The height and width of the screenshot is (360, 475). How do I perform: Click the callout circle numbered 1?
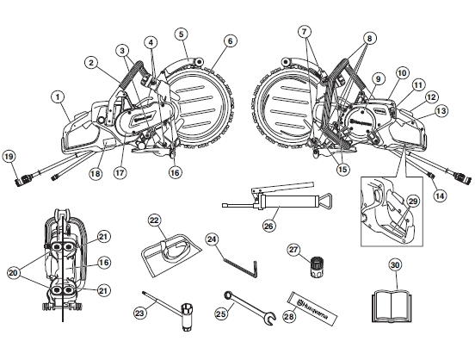click(x=59, y=97)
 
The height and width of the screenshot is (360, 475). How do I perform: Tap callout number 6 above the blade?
click(x=230, y=41)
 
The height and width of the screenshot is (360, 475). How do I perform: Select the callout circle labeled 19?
click(x=9, y=157)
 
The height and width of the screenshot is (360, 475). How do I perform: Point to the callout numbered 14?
click(x=440, y=196)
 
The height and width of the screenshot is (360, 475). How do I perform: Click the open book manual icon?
click(x=392, y=306)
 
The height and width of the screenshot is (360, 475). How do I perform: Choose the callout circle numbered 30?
click(x=395, y=265)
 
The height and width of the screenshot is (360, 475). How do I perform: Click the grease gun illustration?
click(x=277, y=198)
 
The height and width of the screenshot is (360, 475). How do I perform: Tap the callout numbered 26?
click(x=268, y=226)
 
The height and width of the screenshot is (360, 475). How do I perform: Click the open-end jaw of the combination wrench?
click(x=269, y=319)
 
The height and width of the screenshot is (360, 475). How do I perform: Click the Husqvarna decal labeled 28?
click(x=312, y=308)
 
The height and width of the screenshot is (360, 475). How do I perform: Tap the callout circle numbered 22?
click(x=155, y=220)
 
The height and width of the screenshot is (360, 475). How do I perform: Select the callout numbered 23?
click(x=139, y=313)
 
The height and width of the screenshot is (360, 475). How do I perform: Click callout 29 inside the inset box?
click(x=413, y=202)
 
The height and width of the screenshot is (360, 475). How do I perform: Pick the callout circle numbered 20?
click(x=13, y=273)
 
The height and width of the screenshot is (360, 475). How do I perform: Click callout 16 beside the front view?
click(x=103, y=263)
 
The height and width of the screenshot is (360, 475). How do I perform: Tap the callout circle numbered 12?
click(x=431, y=97)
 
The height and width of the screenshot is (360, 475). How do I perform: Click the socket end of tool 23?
click(x=187, y=317)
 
